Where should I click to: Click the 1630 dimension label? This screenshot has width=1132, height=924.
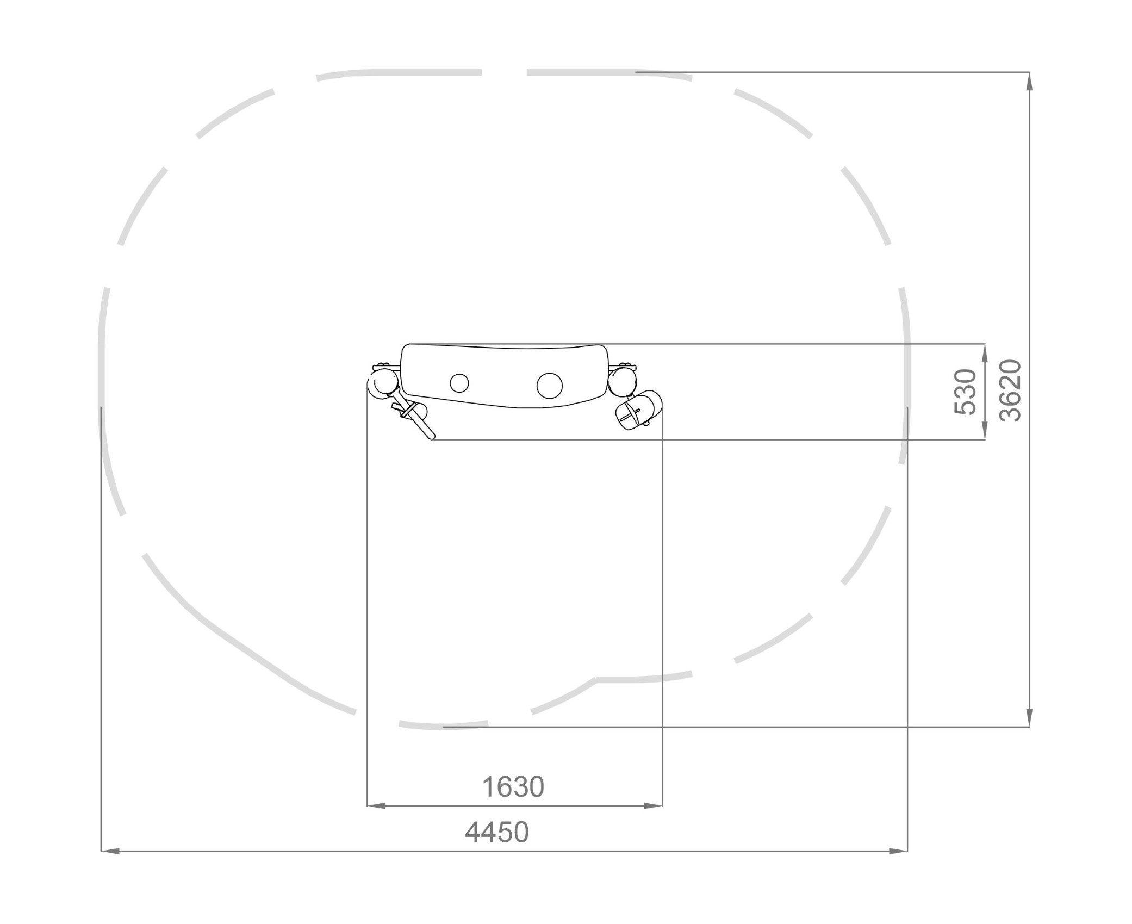point(513,786)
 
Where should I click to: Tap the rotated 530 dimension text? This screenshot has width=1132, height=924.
point(966,392)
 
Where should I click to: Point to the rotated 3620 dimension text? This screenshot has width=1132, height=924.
point(1011,390)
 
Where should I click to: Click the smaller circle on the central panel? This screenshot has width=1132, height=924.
point(459,383)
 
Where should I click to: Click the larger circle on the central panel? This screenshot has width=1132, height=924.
point(550,385)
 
